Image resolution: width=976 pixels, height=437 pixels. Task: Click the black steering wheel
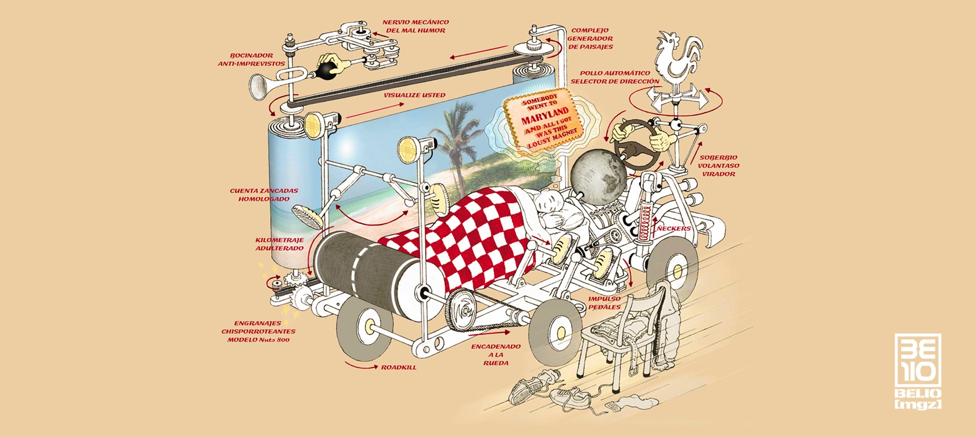636,144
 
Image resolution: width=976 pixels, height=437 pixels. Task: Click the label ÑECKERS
674,228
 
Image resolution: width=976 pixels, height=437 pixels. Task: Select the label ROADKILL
398,367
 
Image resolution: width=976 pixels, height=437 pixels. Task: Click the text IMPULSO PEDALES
605,303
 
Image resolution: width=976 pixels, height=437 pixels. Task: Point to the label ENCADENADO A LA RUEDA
496,355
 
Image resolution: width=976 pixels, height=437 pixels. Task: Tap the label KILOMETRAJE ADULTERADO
279,244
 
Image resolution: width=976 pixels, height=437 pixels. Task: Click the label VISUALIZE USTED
414,95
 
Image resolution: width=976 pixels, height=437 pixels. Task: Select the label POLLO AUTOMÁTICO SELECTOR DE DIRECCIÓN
614,77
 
